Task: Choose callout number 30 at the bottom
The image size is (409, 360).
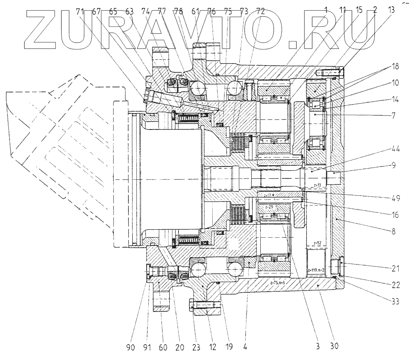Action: point(334,346)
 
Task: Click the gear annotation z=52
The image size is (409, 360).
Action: point(317,242)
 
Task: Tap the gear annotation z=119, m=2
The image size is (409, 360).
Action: point(317,270)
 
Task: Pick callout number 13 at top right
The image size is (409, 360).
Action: point(392,11)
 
